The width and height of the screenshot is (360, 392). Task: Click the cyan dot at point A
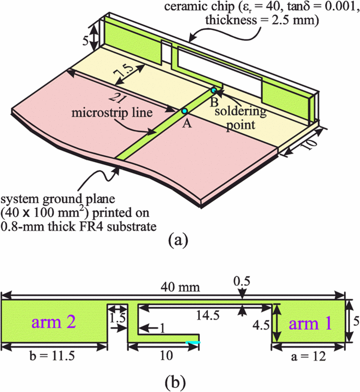pos(185,111)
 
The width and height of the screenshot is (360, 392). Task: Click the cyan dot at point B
pos(214,90)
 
